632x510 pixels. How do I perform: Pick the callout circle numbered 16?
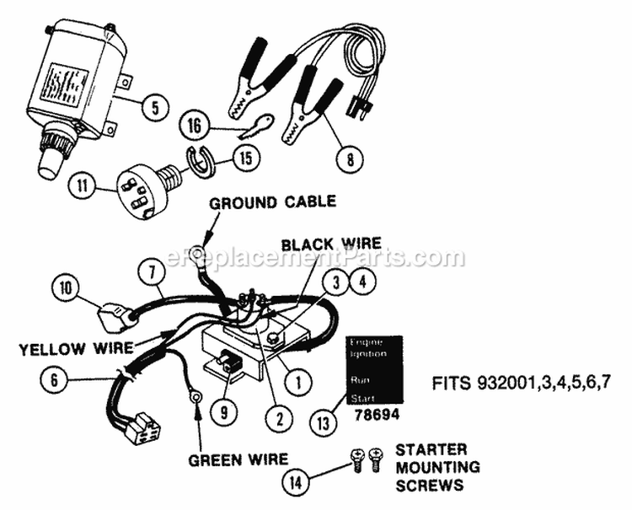(194, 126)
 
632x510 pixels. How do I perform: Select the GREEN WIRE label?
(237, 459)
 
